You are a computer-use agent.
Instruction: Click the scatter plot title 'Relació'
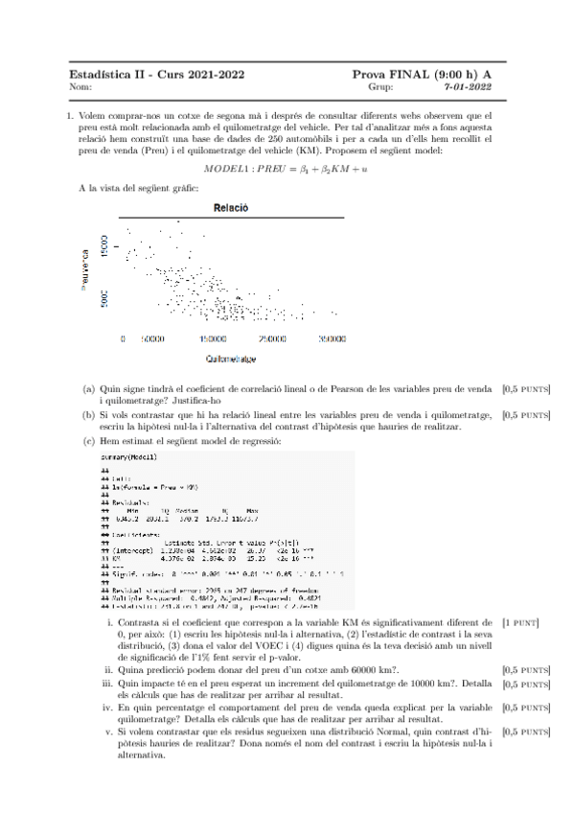coord(231,207)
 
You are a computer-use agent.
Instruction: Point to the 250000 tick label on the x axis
coord(274,338)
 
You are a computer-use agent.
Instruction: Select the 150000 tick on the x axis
coord(213,338)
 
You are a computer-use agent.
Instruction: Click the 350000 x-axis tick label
coord(332,338)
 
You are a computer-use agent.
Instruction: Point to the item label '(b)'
coord(88,415)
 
